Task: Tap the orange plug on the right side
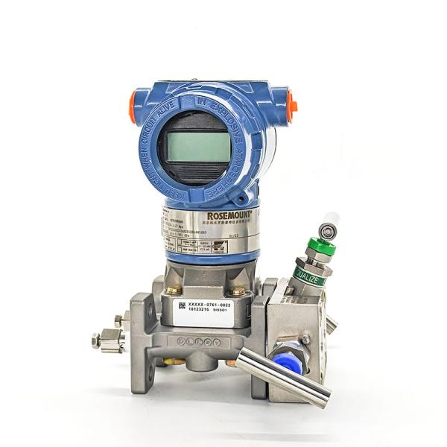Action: [x=293, y=106]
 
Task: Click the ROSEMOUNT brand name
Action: [x=224, y=215]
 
